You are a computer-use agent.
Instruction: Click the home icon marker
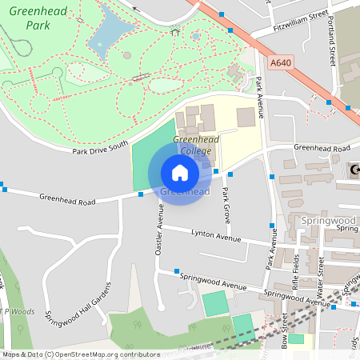(180, 173)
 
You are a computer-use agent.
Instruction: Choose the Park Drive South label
(99, 148)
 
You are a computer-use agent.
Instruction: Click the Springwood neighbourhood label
(329, 219)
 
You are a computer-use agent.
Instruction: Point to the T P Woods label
(15, 312)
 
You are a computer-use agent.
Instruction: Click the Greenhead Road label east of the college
(322, 148)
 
